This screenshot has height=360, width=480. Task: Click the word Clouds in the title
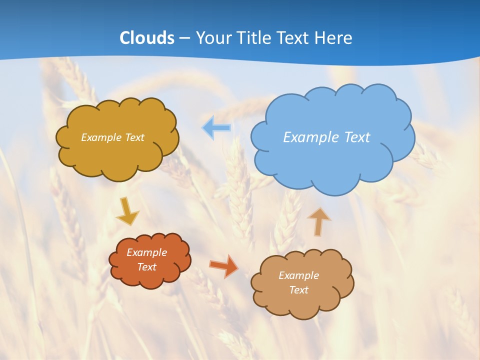[x=147, y=37]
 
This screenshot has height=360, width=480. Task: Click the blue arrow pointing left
[x=216, y=127]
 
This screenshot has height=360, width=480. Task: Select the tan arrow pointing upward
[x=318, y=221]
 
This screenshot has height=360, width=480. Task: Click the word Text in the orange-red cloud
[x=146, y=267]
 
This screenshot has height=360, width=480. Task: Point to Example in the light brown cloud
[x=298, y=275]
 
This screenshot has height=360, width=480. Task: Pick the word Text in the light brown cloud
[x=298, y=290]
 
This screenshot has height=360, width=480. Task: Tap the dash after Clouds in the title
[x=184, y=38]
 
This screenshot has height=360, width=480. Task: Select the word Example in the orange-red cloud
[x=146, y=252]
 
